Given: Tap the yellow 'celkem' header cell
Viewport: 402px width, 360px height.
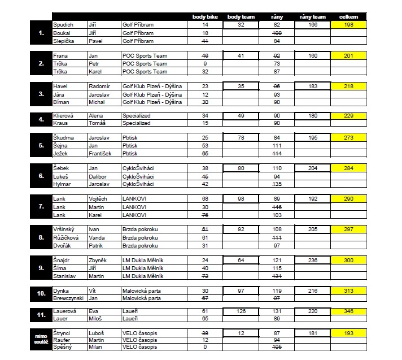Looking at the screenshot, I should coord(348,17).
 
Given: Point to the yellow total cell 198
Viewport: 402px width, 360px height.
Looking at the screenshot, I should coord(348,25).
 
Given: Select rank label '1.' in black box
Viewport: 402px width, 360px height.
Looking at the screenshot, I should coord(41,33).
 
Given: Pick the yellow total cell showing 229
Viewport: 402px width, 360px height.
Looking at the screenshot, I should coord(348,115).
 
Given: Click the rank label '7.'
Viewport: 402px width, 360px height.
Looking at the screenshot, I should coord(41,207).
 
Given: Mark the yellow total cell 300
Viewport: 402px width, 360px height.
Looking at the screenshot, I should coord(348,260).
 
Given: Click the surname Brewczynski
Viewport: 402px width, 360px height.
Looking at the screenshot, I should coord(68,298).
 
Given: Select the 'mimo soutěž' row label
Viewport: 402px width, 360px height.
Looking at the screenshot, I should coord(41,339).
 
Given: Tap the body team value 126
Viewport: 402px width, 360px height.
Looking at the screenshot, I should coord(241,310).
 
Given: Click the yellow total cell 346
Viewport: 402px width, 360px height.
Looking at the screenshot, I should coord(348,310).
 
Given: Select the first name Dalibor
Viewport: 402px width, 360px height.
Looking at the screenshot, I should coord(98,176).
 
